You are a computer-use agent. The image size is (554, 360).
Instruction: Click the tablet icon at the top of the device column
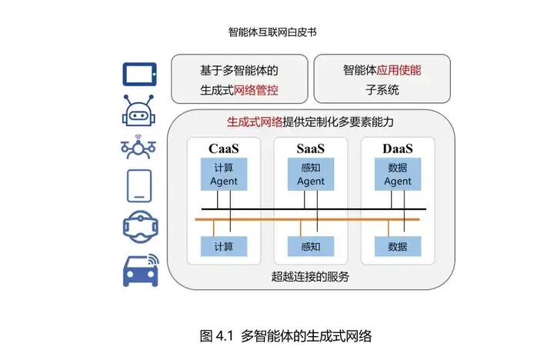click(139, 75)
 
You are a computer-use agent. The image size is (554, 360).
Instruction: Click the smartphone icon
click(139, 185)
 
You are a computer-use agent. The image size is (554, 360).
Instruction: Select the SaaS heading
click(311, 148)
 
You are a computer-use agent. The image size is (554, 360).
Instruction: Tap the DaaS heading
click(398, 148)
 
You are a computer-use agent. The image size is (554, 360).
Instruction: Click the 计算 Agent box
click(224, 175)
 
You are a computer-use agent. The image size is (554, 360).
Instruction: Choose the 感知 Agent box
click(311, 175)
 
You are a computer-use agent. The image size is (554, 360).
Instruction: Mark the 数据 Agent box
click(398, 175)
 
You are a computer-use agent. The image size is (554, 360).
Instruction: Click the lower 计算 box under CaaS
click(224, 246)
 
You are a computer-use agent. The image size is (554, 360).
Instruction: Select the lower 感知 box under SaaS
click(311, 246)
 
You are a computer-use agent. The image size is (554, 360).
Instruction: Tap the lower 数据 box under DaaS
click(398, 246)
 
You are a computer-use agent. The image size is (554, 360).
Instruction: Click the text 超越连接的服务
click(311, 276)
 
